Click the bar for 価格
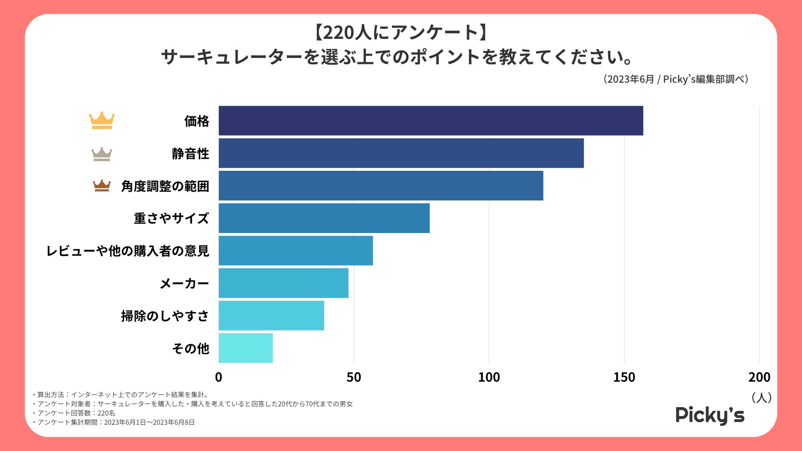(x=430, y=121)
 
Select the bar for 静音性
(x=401, y=153)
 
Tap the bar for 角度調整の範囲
(x=381, y=185)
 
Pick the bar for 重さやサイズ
(x=324, y=218)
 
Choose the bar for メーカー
(x=283, y=283)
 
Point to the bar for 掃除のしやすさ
(x=271, y=315)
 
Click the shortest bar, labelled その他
(x=246, y=348)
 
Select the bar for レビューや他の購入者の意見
(x=295, y=251)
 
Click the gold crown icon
(x=102, y=121)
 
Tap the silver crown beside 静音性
(x=102, y=154)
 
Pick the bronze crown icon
(x=102, y=186)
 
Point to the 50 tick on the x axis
(x=353, y=377)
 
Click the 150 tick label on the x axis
(x=624, y=377)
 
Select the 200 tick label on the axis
(x=759, y=377)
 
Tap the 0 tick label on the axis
(x=218, y=377)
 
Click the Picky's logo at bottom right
(x=710, y=415)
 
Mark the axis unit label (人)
(x=761, y=398)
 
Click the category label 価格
(x=197, y=121)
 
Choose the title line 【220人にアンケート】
(x=401, y=33)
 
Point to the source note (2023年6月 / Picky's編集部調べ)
(x=675, y=79)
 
